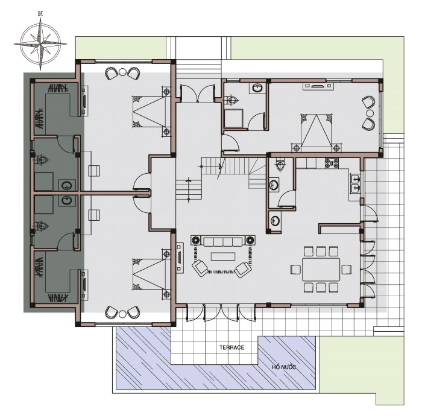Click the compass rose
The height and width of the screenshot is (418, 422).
tap(40, 43)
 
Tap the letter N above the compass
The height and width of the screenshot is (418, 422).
tap(40, 13)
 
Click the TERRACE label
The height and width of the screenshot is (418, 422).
tap(231, 347)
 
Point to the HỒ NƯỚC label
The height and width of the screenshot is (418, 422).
tap(284, 367)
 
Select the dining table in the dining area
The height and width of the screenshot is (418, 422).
tap(321, 270)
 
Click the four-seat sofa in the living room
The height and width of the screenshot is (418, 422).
tap(223, 241)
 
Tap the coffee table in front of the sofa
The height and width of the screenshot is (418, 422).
tap(223, 256)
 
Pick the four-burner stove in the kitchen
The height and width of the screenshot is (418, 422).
tap(332, 163)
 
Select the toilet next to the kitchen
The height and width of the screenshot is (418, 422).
tap(280, 165)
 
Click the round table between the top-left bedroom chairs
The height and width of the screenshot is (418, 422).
tap(122, 72)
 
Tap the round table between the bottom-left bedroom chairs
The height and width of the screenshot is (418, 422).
tap(122, 314)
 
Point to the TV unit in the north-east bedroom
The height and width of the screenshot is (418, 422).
tap(318, 86)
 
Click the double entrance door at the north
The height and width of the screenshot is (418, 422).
tap(198, 93)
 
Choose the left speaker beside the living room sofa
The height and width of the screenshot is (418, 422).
tap(196, 240)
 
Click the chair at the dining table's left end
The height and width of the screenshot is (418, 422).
tap(296, 270)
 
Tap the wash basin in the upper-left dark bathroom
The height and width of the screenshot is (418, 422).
tap(66, 185)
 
